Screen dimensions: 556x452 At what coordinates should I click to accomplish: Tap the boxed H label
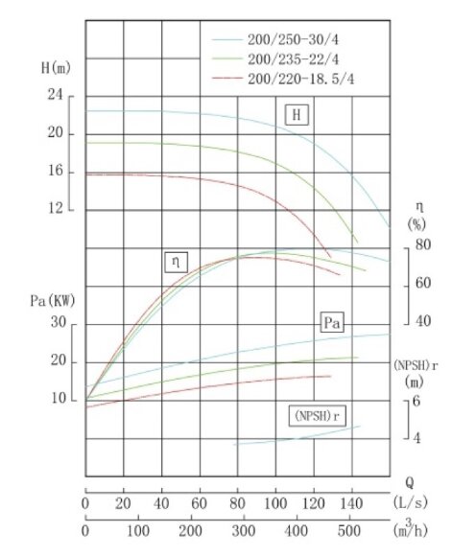coord(298,116)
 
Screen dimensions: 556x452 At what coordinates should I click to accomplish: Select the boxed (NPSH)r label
coord(317,416)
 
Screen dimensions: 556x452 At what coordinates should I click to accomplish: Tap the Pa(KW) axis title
coord(49,300)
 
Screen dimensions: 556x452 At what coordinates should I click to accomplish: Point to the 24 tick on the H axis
coord(54,96)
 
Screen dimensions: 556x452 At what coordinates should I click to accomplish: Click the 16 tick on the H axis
coord(54,172)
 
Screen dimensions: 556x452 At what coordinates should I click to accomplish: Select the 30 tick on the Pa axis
coord(58,324)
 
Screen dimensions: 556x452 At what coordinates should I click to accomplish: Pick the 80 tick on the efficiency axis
coord(423,245)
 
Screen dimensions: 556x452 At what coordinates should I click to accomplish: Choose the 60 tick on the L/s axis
coord(200,502)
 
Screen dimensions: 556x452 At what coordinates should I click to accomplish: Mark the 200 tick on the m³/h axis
coord(190,530)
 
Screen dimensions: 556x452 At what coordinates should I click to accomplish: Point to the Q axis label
coord(409,483)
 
